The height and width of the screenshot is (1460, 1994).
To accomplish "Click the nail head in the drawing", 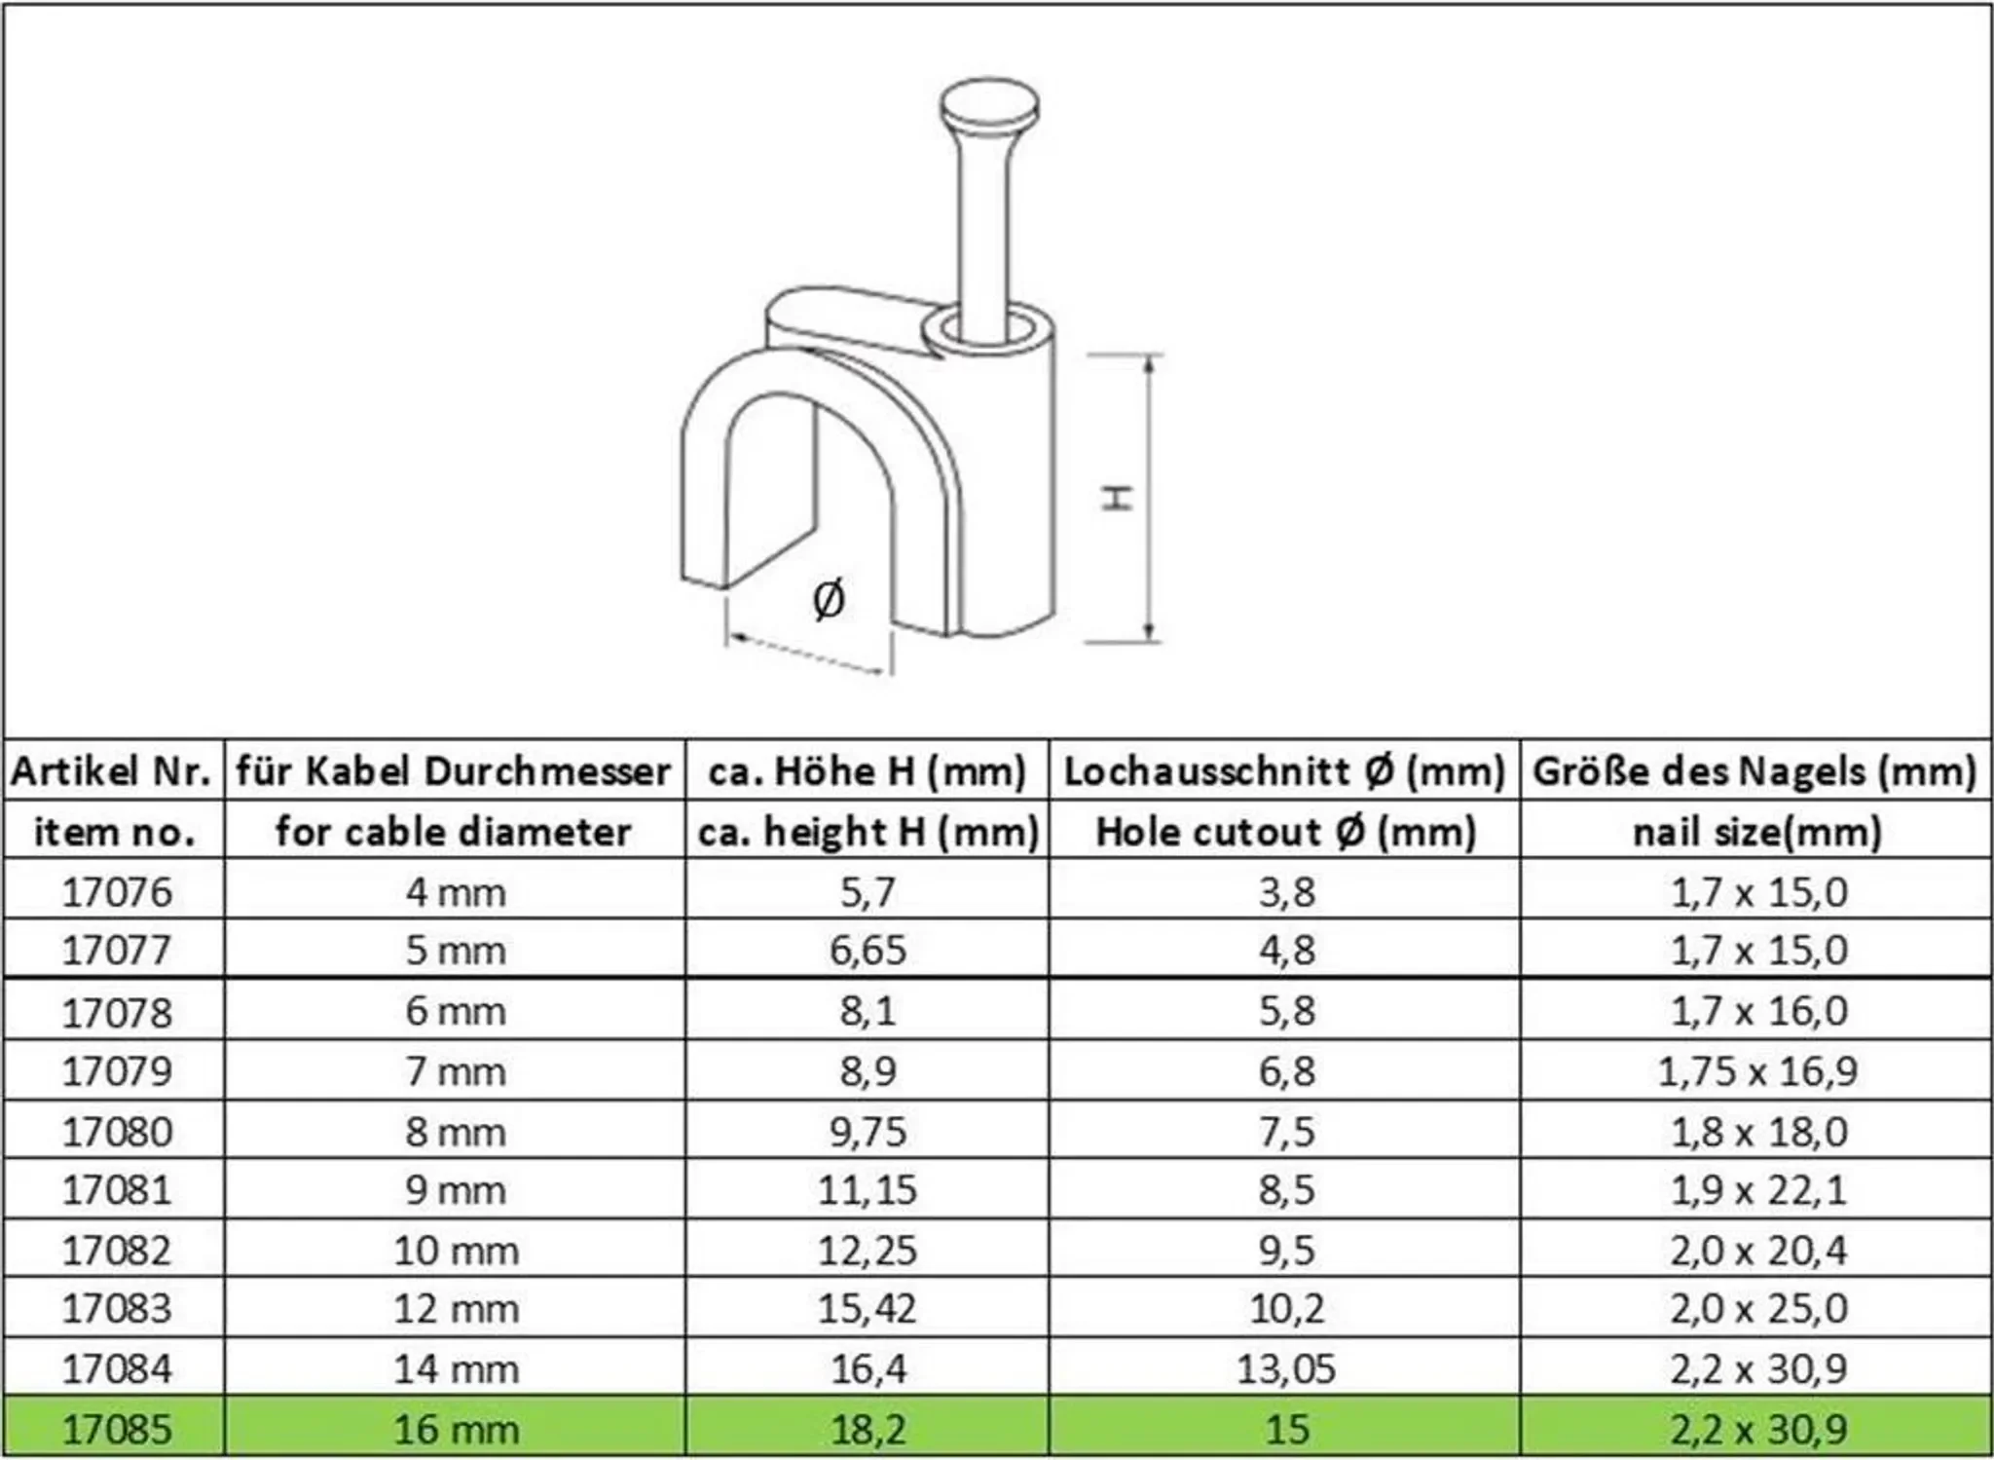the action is coord(989,108).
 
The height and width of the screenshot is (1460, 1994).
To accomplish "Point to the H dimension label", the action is coord(1118,497).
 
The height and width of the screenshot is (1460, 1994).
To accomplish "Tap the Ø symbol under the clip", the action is coord(829,599).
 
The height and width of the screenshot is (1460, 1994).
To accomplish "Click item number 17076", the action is coord(117,891).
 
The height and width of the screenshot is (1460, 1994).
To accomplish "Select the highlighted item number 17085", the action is coord(117,1429).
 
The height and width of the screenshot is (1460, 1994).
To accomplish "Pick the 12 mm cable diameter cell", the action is coord(456,1308).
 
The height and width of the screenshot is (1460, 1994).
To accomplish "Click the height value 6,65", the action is coord(868,950).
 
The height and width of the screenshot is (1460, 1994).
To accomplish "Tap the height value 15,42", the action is coord(868,1308).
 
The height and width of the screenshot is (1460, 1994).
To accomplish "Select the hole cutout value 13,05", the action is coord(1286,1368).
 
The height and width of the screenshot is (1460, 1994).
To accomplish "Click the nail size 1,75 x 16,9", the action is coord(1758,1070).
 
